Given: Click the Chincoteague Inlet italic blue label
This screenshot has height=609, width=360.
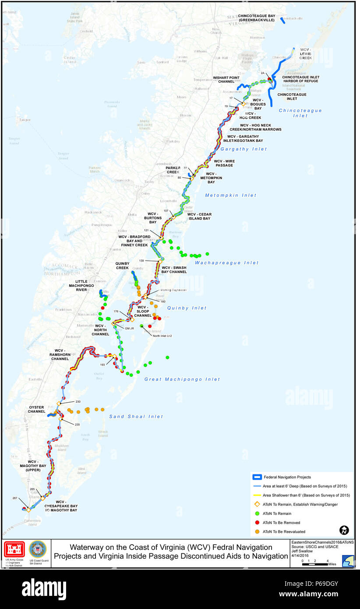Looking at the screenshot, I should coord(300,113).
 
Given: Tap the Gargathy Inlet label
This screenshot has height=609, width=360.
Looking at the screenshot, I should coord(244,149).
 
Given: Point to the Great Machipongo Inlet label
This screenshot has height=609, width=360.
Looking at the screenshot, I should coord(182,379).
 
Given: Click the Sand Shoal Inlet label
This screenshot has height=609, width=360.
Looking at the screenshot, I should coord(136,417).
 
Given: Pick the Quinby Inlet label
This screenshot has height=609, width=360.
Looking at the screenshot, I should coord(187,308).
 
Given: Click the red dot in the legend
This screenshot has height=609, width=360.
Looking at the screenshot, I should coord(257,523).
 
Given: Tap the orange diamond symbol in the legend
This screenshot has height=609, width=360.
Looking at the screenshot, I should coord(257,504).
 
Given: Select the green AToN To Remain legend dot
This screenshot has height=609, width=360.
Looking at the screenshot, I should coord(257,513).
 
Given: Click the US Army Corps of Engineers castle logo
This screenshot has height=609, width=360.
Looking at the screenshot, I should coord(14,550).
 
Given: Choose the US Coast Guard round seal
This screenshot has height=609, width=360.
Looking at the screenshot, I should coord(37,550).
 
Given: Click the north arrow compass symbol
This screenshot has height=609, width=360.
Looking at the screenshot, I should coord(344,530).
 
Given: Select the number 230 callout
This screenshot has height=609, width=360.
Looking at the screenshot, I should coord(78,401).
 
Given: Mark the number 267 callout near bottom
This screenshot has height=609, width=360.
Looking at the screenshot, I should coord(14,498).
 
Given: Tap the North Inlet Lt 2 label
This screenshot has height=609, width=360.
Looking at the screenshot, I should coord(162,336).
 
